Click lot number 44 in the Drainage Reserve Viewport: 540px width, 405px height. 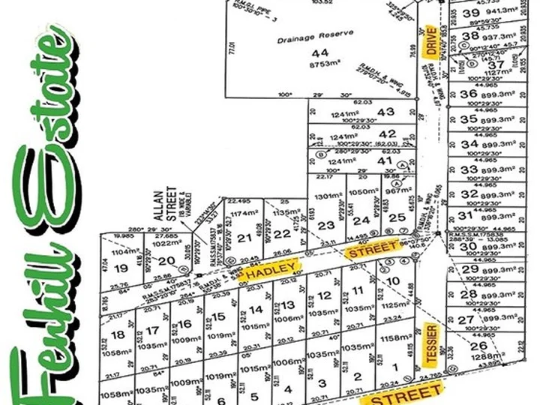[x=320, y=52]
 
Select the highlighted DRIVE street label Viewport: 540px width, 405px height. [x=430, y=40]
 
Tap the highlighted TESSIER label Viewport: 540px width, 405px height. [x=430, y=340]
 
